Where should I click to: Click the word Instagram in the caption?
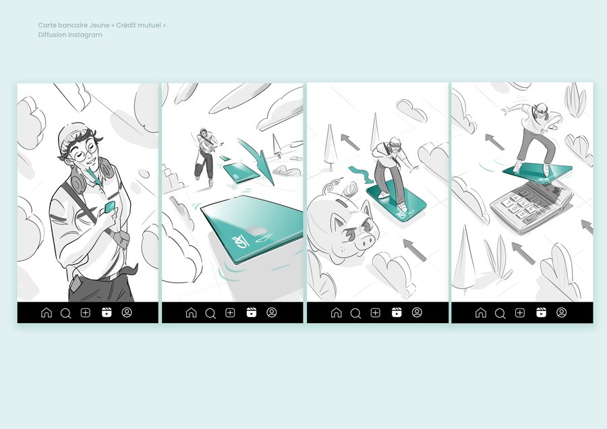[x=85, y=35]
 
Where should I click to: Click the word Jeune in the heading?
[x=100, y=25]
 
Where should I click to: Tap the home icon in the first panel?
[x=47, y=312]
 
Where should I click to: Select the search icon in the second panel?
[x=210, y=313]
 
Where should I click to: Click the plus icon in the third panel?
[x=375, y=312]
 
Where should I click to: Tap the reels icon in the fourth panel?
[x=541, y=312]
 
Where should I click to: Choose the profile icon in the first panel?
[x=127, y=312]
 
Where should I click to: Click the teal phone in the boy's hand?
[x=109, y=207]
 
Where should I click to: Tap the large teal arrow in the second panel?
[x=258, y=161]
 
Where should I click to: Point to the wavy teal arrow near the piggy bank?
[x=361, y=174]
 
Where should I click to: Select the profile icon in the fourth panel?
[x=561, y=312]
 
